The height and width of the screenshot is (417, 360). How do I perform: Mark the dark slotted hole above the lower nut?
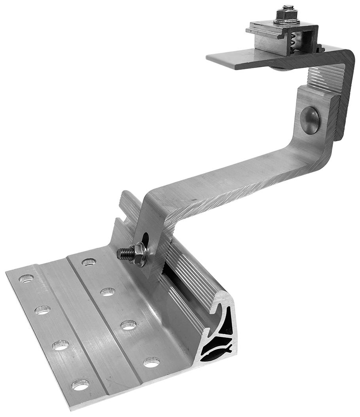coord(146,239)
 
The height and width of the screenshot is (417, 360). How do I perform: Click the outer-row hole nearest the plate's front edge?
coord(80,384)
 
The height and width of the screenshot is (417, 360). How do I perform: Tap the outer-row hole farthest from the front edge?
coord(26,279)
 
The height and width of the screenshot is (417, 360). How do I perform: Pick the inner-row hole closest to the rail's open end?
coord(151,361)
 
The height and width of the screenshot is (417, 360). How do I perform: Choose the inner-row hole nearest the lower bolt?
coord(89,262)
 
